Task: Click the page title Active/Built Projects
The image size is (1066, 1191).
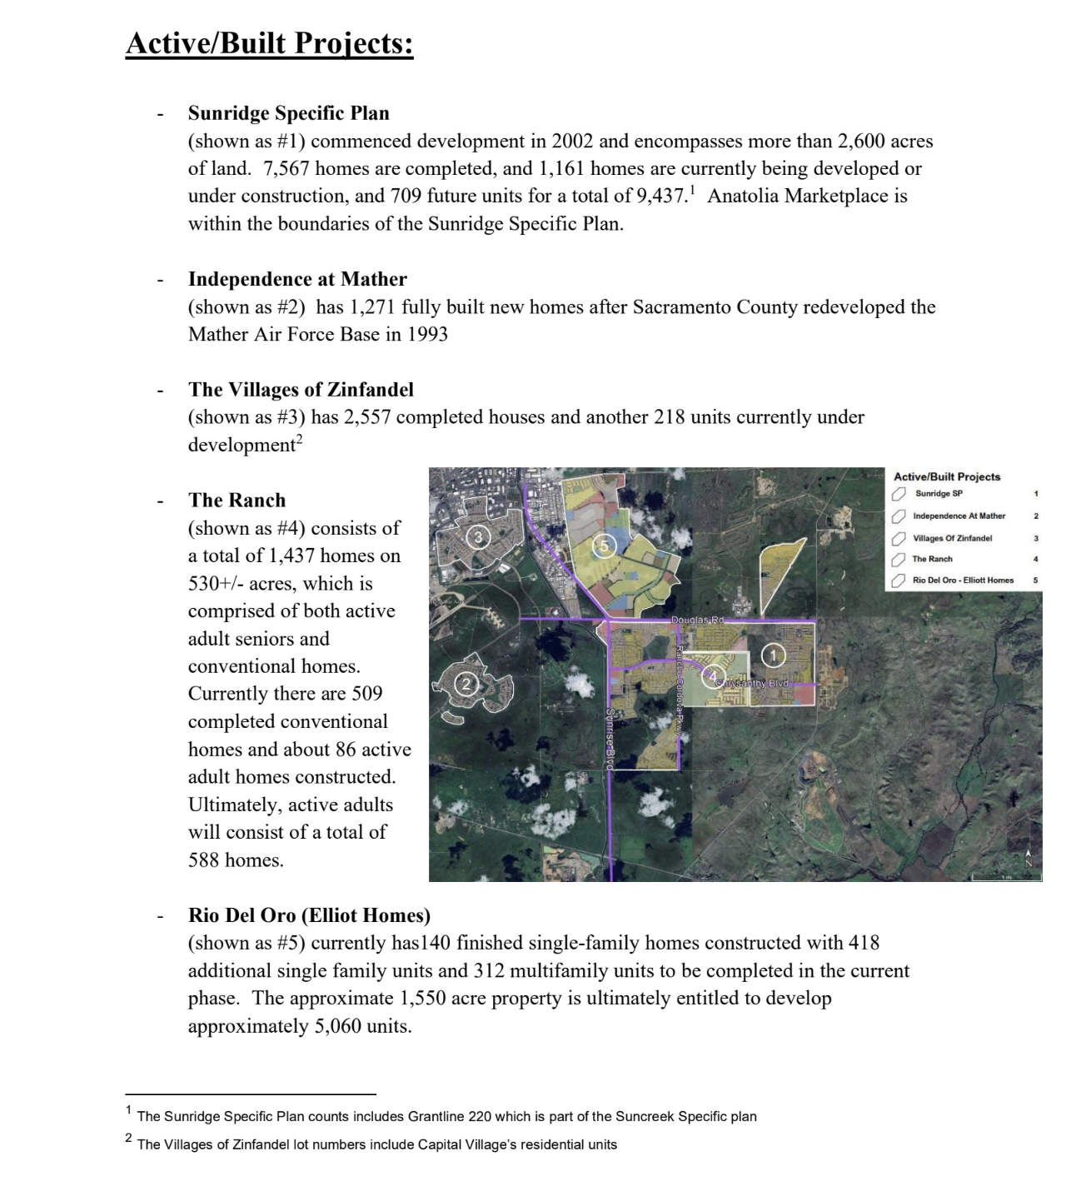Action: [x=269, y=43]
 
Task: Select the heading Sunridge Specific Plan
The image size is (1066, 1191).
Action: [x=288, y=113]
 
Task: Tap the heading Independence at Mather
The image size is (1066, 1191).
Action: [x=297, y=279]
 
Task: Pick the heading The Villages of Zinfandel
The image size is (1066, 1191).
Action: [x=301, y=390]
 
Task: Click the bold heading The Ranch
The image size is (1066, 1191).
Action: [x=237, y=501]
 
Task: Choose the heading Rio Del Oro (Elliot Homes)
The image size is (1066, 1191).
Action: [x=309, y=915]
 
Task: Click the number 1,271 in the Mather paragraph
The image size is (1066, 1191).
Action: [x=372, y=307]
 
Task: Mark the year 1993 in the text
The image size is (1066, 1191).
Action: [x=427, y=335]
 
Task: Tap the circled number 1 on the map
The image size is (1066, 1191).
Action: [x=773, y=656]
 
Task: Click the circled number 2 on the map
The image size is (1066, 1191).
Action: [x=466, y=685]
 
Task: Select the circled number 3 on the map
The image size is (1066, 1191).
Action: [x=478, y=537]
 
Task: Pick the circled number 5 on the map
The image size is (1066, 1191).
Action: [x=606, y=546]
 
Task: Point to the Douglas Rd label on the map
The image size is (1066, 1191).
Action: [x=698, y=620]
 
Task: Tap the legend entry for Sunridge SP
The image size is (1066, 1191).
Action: [x=939, y=494]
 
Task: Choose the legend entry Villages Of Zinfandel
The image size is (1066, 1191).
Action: [x=952, y=538]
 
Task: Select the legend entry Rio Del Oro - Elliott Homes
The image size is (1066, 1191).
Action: [x=963, y=580]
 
